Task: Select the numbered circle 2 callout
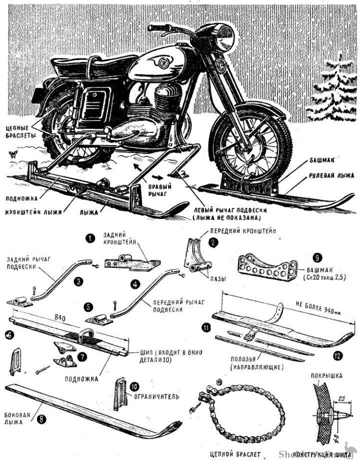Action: coord(213,242)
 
